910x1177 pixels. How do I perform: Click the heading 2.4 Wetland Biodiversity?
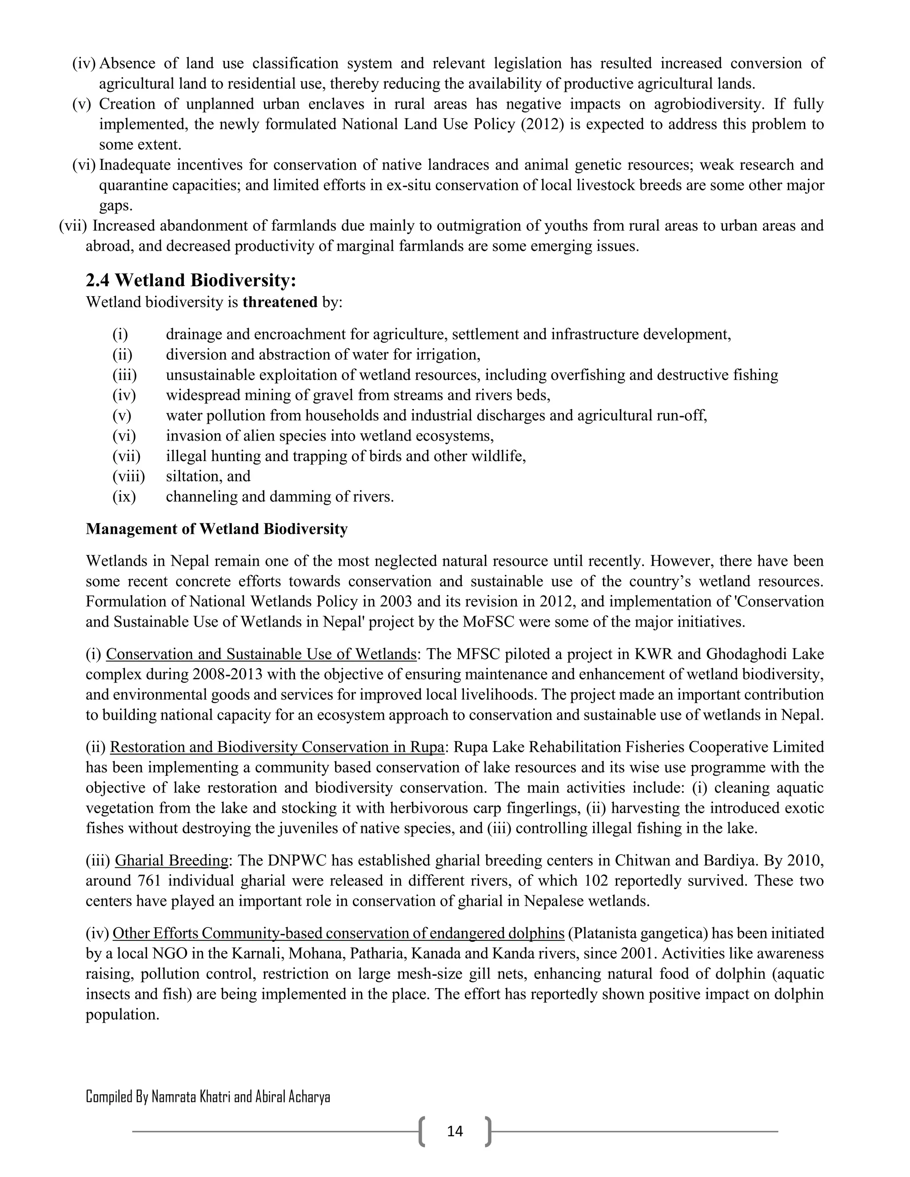pos(192,280)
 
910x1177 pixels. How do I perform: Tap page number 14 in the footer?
pos(455,1131)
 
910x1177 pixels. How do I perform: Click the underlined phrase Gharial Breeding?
pos(172,860)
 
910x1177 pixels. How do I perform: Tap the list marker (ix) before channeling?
pos(124,497)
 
